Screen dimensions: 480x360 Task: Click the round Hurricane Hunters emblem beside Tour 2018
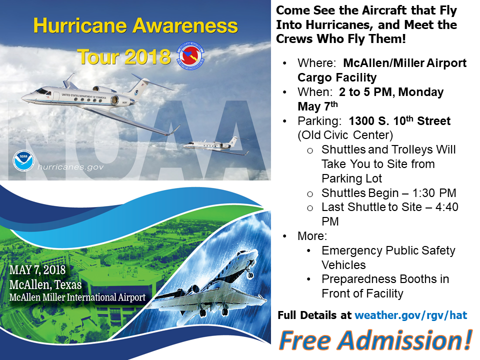(190, 55)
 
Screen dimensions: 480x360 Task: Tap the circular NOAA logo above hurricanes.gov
(23, 161)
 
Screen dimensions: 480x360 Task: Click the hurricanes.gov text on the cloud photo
(70, 167)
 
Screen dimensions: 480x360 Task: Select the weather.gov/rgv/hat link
(411, 315)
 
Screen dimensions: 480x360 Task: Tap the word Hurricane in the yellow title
(80, 25)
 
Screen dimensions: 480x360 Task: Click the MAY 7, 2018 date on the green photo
(37, 270)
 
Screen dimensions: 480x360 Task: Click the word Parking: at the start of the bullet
(319, 121)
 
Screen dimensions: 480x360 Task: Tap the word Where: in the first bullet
(317, 63)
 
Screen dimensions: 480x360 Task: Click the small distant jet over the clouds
(216, 145)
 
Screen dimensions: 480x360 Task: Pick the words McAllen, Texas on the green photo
(45, 284)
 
